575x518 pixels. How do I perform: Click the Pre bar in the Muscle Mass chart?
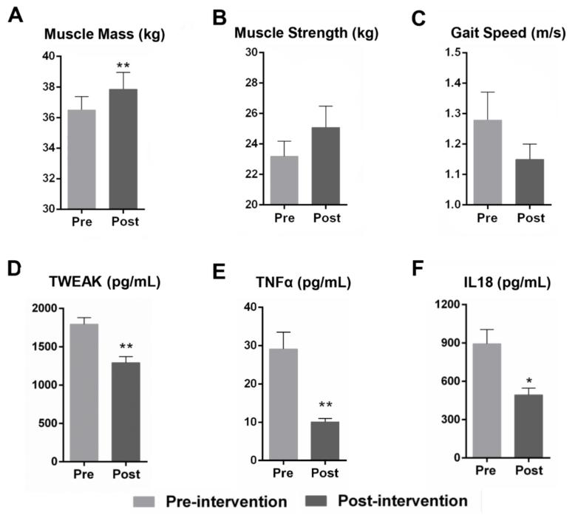point(81,159)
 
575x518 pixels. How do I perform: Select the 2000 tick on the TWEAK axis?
point(42,308)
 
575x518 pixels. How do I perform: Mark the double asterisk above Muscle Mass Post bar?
point(123,64)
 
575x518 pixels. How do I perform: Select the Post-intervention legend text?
point(402,501)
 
